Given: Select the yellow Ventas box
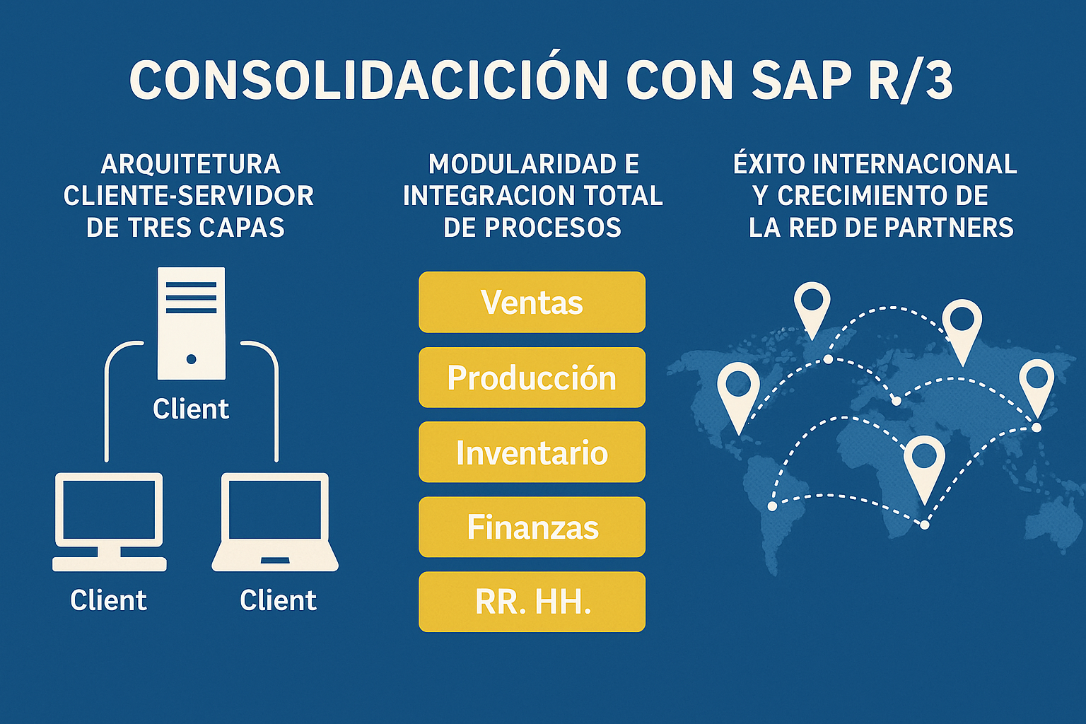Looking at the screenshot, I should click(532, 302).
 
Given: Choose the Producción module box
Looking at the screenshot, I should click(532, 378).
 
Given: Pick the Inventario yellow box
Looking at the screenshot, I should click(532, 452).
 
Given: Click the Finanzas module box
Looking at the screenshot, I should click(532, 527).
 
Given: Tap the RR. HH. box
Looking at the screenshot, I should click(532, 602).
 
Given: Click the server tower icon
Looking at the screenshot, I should click(191, 322).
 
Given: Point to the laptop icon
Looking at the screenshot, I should click(275, 522).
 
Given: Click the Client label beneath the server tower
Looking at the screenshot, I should click(191, 409).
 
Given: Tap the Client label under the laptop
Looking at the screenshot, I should click(278, 600).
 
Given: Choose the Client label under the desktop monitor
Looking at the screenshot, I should click(108, 600).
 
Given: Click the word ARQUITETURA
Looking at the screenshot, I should click(191, 164).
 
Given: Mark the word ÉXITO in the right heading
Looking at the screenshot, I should click(769, 164).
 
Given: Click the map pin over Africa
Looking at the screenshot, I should click(924, 463).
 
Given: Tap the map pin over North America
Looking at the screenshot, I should click(738, 392).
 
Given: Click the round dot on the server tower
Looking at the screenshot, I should click(191, 359).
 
